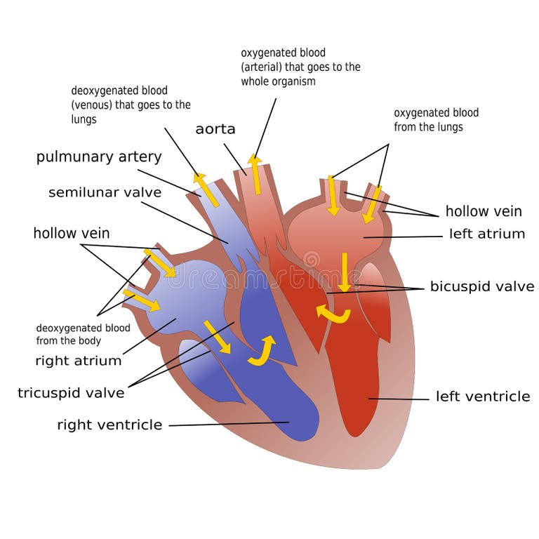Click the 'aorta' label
215,129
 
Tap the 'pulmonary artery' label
99,157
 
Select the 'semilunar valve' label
105,192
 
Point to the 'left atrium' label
487,234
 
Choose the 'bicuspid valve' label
482,286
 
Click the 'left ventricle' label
483,397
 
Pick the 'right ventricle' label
109,425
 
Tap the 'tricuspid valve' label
71,393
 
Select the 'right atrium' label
79,361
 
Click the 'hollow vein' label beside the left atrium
484,211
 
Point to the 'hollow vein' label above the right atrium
72,233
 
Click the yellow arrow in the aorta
256,173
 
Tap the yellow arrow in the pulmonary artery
206,189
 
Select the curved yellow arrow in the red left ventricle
332,314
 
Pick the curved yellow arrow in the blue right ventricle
262,351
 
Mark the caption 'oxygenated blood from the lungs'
436,120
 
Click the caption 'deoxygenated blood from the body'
83,334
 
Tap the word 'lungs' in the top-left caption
84,119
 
